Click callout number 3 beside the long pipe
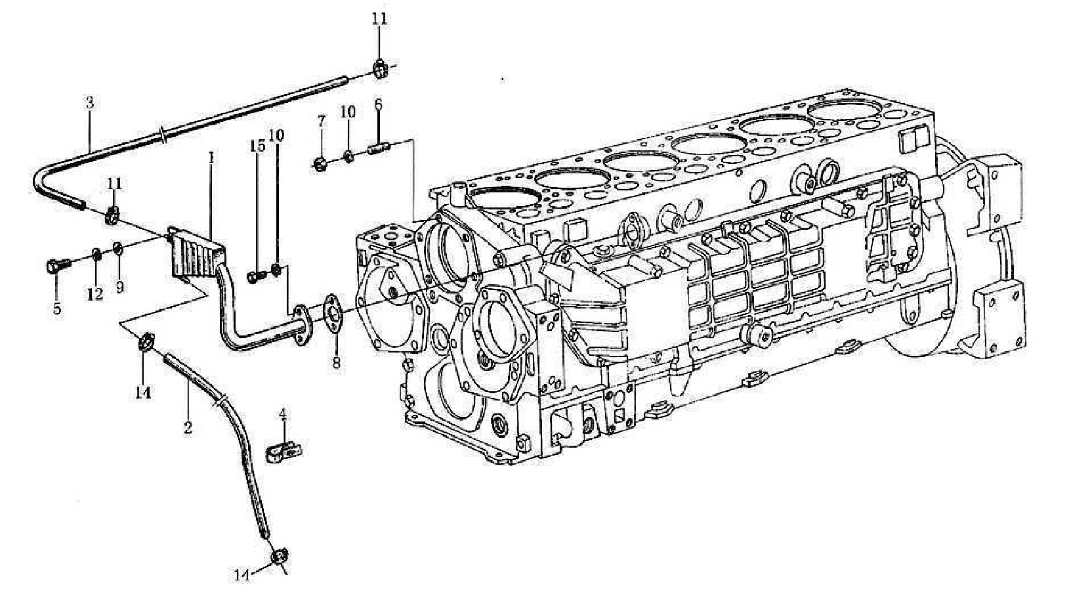coord(90,102)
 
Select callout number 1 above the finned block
coord(211,158)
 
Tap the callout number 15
coord(257,146)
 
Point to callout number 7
coord(321,121)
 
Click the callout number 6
coord(378,104)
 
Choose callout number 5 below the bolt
coord(57,308)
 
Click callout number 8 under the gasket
coord(336,362)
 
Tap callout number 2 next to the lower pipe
coord(188,428)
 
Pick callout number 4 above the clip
coord(283,414)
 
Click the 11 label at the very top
coord(379,18)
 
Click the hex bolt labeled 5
coord(55,266)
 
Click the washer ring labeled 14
coord(146,341)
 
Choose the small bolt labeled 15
coord(255,277)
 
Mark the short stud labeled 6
coord(378,148)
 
